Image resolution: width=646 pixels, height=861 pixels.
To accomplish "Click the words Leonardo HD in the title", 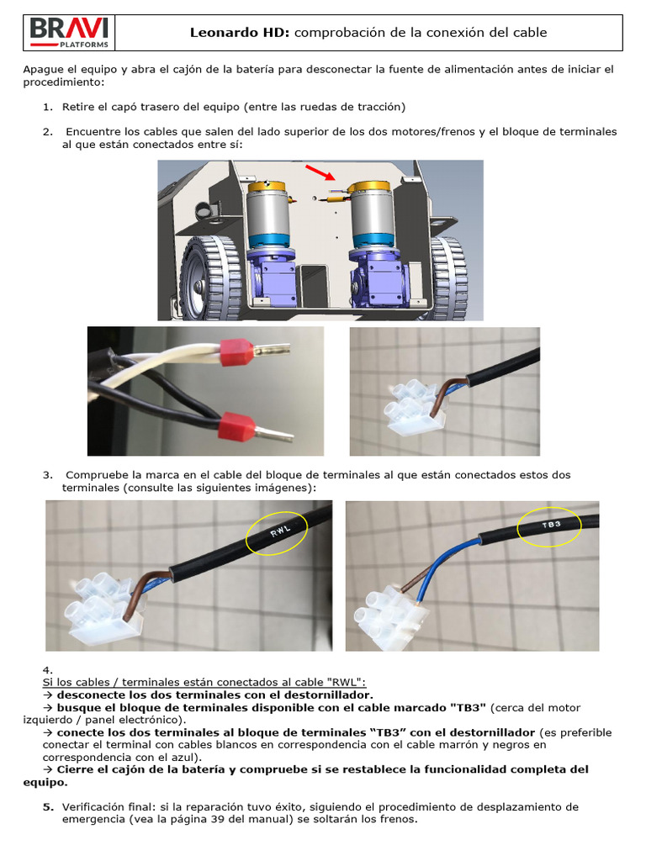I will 240,33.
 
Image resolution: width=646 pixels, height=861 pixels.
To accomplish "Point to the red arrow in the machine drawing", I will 317,172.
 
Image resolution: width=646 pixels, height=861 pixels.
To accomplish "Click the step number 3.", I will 48,475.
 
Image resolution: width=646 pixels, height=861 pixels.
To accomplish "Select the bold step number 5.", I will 48,806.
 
